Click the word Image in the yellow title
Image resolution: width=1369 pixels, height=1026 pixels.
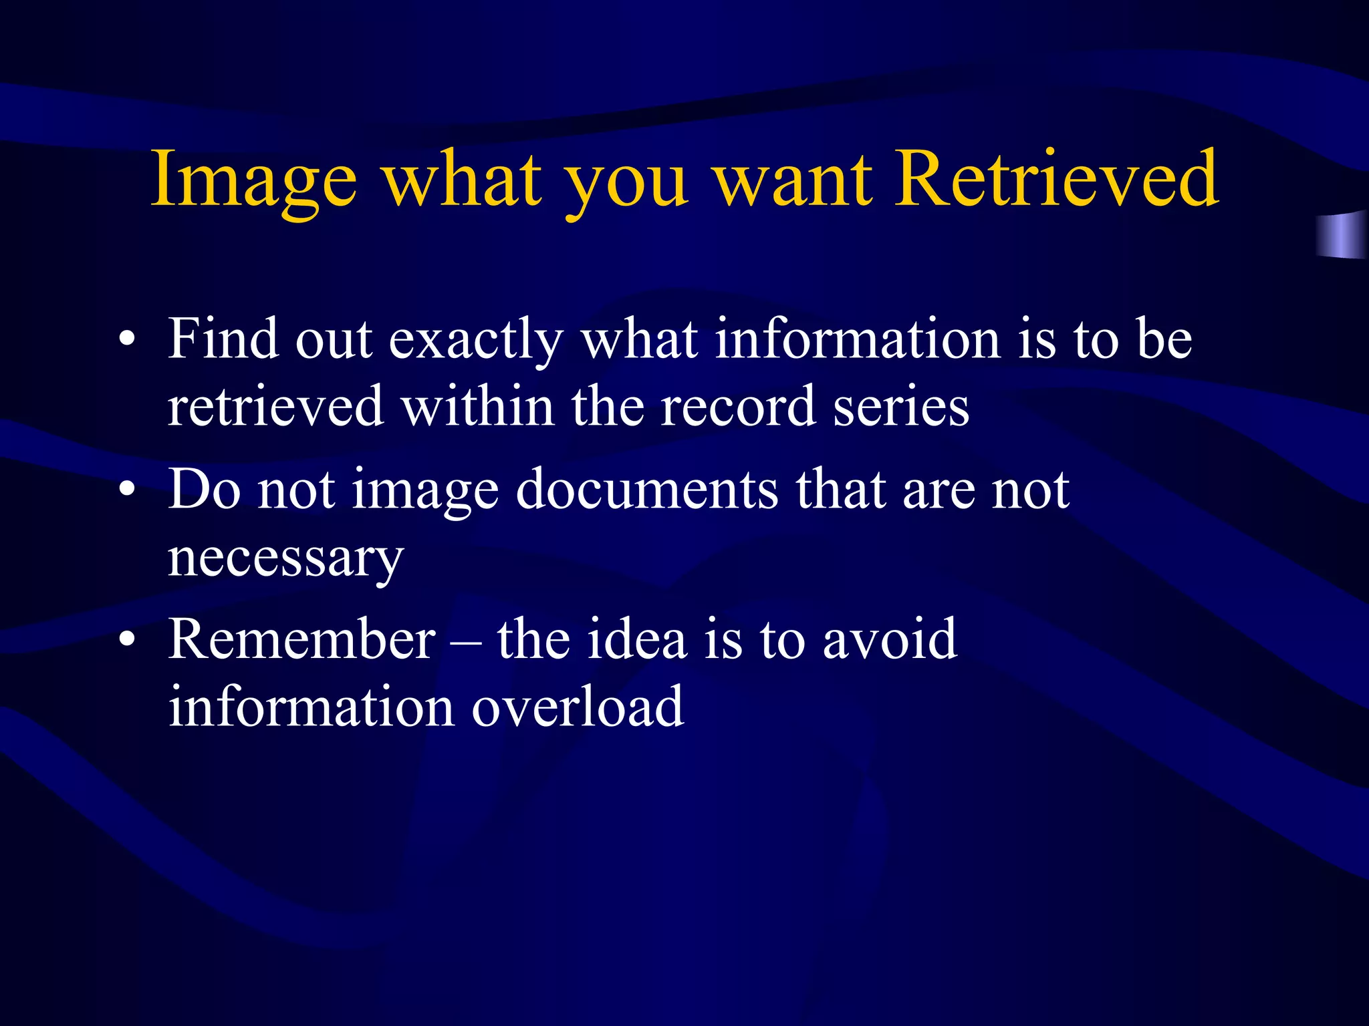pos(254,180)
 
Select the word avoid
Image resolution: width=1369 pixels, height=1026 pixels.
pos(890,639)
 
